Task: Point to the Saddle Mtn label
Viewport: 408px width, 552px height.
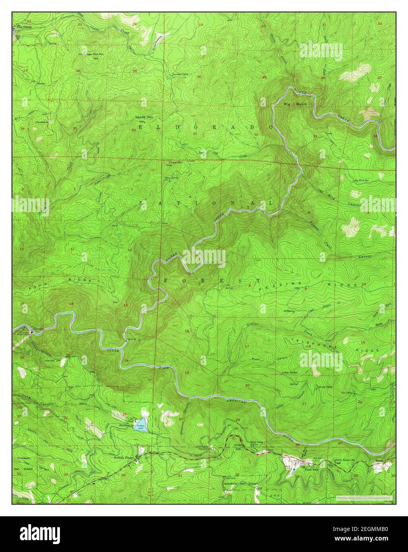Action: coord(144,117)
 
